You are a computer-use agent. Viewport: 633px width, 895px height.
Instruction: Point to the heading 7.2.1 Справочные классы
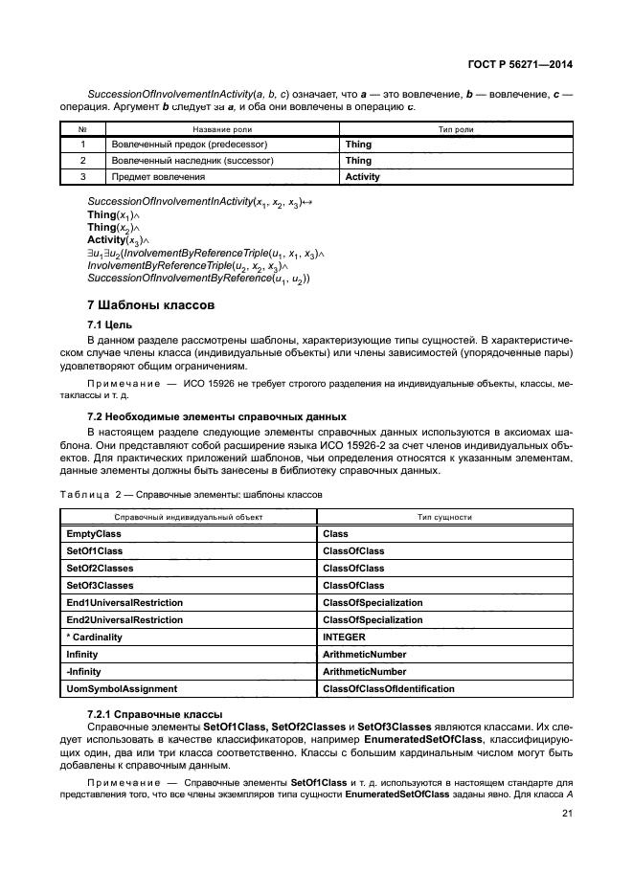(154, 714)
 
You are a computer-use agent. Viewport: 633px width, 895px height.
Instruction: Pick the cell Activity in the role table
(363, 177)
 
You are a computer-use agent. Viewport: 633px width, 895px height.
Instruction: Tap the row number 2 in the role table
(83, 161)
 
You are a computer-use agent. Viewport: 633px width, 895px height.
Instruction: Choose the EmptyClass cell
(93, 533)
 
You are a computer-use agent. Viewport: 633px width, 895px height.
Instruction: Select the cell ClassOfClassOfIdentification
(389, 688)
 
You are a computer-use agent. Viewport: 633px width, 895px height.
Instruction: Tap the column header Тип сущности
(444, 516)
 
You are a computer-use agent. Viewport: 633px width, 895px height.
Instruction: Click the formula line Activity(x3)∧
(114, 239)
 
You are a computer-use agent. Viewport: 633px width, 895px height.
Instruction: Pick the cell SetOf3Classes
(100, 585)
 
